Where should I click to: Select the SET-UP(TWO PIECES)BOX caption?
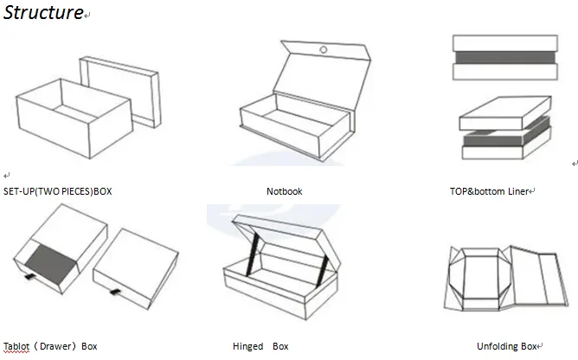click(x=58, y=190)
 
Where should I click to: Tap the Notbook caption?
click(x=285, y=191)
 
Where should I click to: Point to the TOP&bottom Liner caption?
click(x=489, y=191)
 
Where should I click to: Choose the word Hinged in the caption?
click(x=247, y=346)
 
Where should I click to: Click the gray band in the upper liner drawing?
click(x=502, y=58)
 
